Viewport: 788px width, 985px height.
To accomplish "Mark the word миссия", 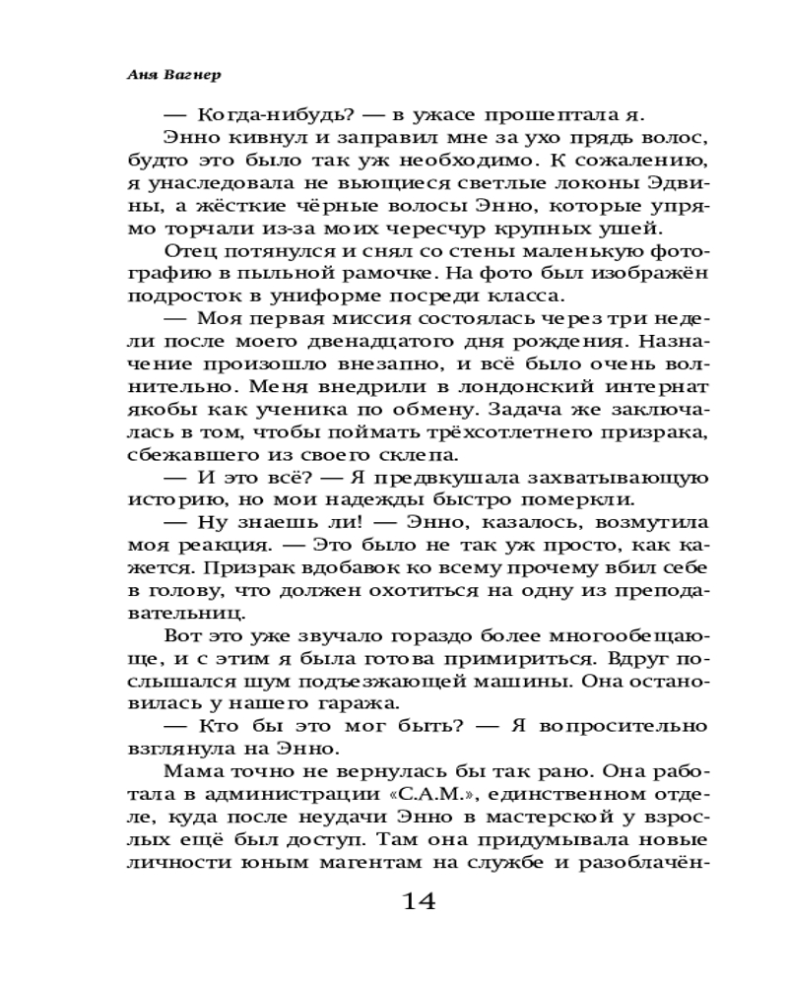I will coord(384,319).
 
